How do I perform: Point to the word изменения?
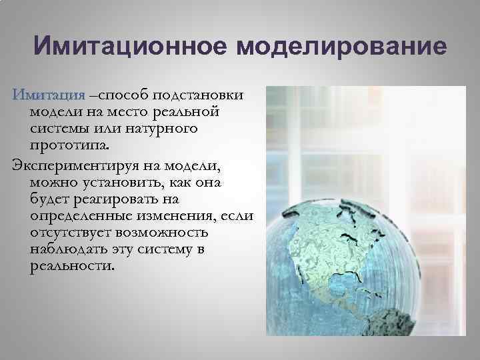[179, 216]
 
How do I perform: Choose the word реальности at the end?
[72, 267]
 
